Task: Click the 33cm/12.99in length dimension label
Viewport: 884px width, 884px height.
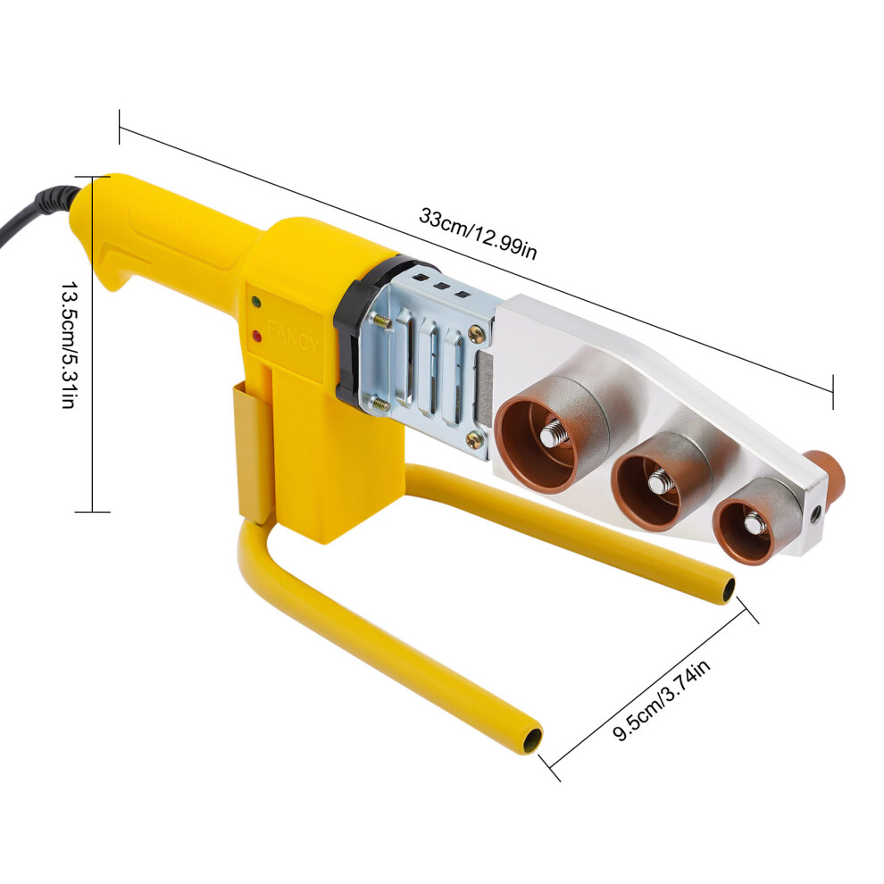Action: [x=478, y=234]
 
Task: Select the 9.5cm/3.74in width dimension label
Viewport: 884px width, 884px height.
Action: [x=662, y=700]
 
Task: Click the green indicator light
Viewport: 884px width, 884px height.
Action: [x=257, y=301]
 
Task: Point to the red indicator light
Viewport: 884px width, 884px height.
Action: [x=258, y=337]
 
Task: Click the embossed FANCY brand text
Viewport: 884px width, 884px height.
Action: [x=293, y=336]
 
